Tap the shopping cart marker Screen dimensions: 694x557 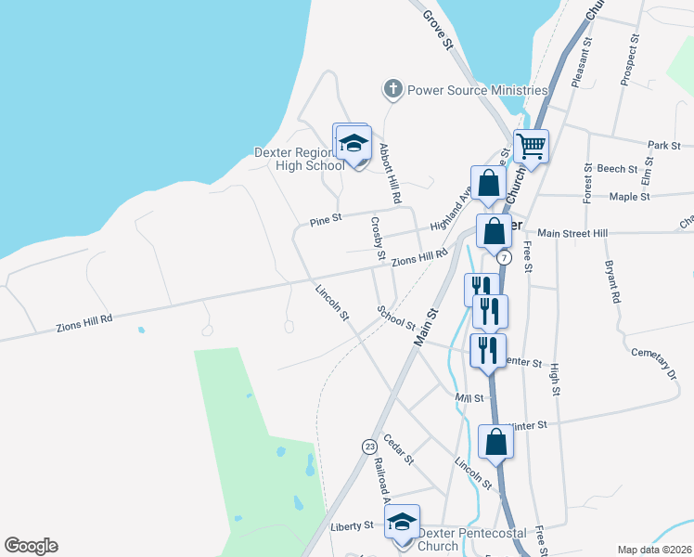pyautogui.click(x=531, y=146)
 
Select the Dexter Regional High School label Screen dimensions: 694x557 pyautogui.click(x=298, y=159)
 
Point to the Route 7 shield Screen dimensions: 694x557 pyautogui.click(x=504, y=256)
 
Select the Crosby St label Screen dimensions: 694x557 pyautogui.click(x=378, y=237)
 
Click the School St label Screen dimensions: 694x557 pyautogui.click(x=397, y=318)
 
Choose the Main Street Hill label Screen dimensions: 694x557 pyautogui.click(x=573, y=232)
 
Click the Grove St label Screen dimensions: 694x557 pyautogui.click(x=436, y=28)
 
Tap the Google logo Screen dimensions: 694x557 pyautogui.click(x=31, y=546)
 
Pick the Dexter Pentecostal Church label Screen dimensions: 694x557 pyautogui.click(x=471, y=539)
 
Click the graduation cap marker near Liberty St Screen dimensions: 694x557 pyautogui.click(x=402, y=523)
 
